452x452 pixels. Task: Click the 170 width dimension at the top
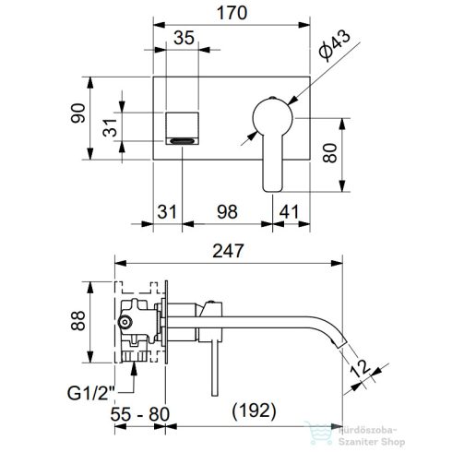click(232, 13)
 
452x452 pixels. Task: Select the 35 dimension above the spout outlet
click(184, 38)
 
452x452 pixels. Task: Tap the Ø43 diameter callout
click(335, 45)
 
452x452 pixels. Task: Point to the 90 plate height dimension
click(78, 113)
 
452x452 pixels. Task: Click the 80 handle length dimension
click(330, 153)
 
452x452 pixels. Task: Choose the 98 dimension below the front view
click(227, 212)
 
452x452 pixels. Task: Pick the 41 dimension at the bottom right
click(289, 212)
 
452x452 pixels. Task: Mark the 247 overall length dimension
click(228, 251)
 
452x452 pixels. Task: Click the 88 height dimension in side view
click(78, 321)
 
